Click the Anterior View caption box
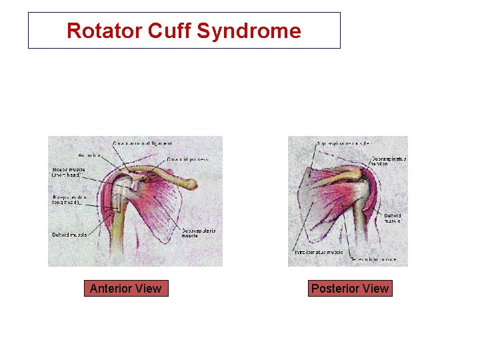(x=125, y=289)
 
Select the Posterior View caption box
(x=350, y=289)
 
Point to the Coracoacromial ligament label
(x=143, y=143)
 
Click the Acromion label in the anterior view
(x=89, y=155)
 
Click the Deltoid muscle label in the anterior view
(x=69, y=235)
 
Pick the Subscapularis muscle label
(x=199, y=233)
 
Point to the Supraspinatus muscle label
(x=343, y=143)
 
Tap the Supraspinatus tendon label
(x=389, y=161)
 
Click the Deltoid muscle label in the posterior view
(x=392, y=218)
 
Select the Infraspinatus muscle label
(x=319, y=253)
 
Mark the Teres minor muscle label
(x=374, y=259)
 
